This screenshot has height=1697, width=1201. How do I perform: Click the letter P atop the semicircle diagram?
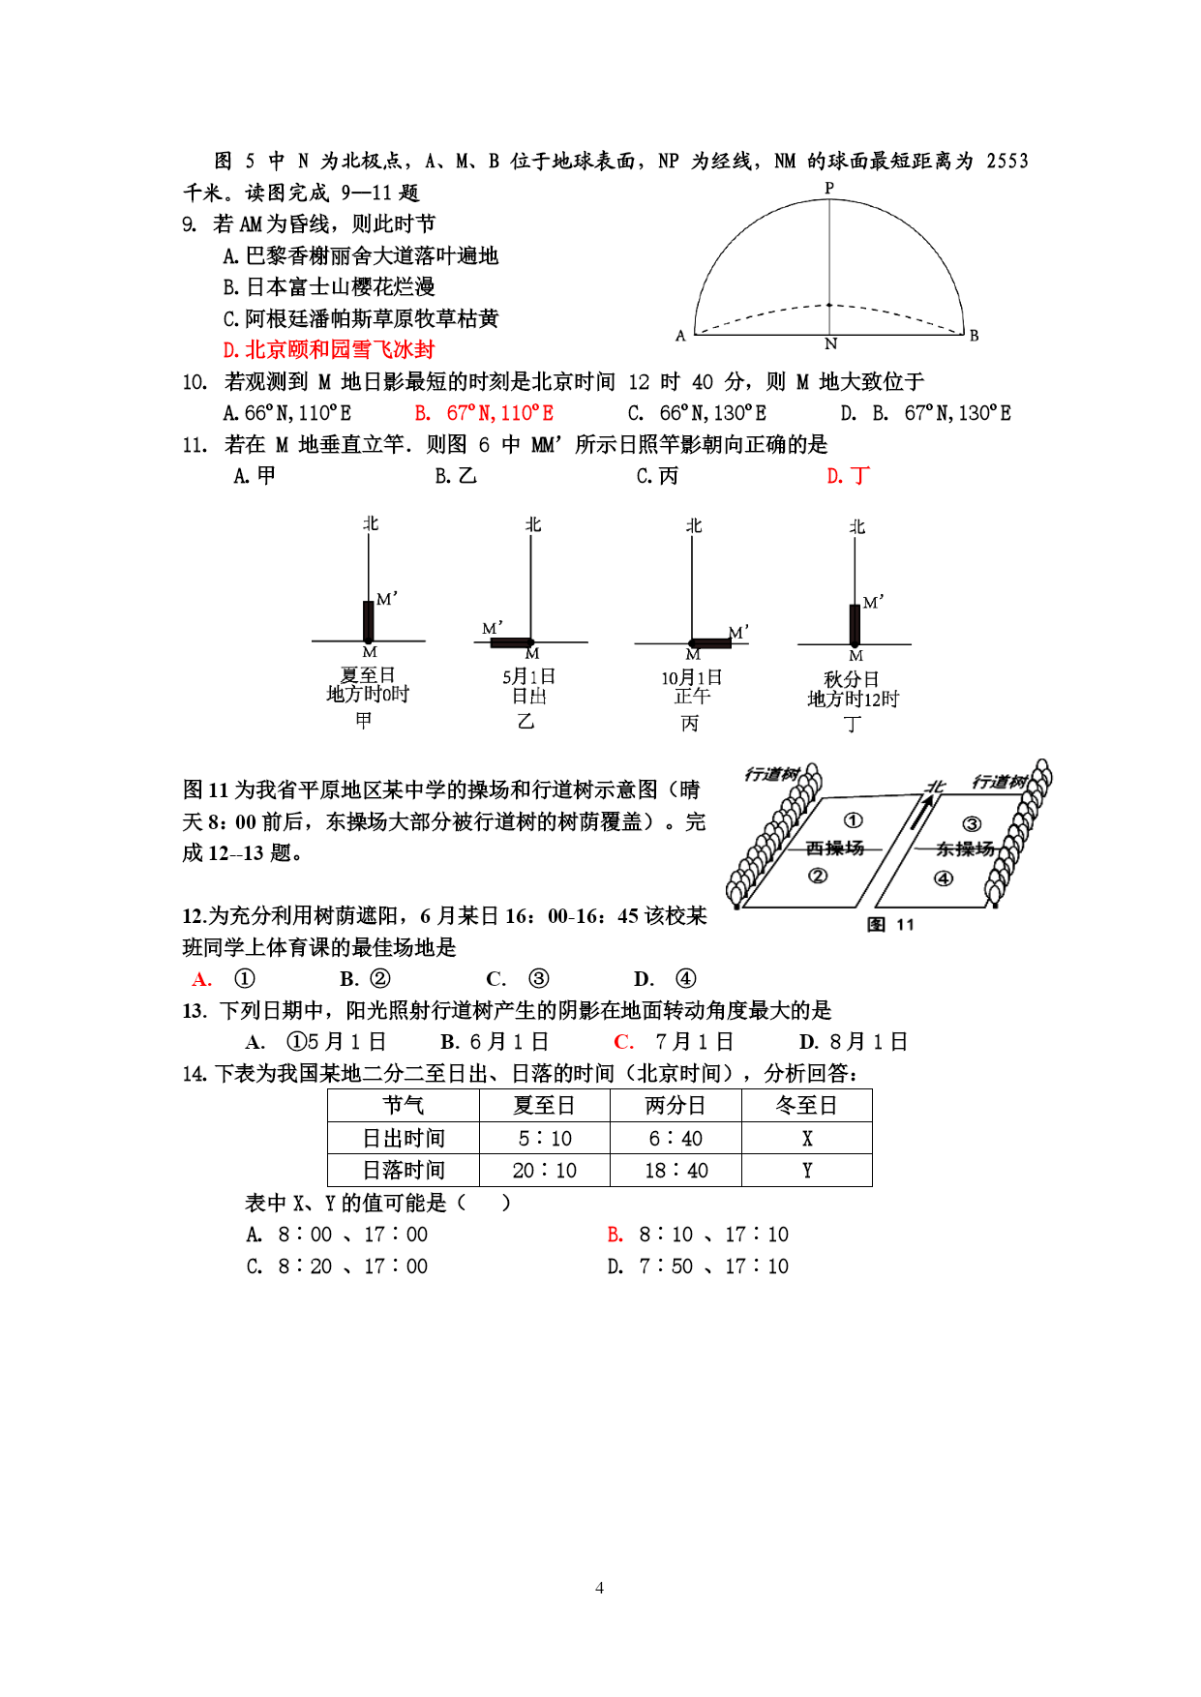point(829,188)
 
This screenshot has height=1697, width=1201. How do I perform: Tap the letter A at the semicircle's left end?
point(680,336)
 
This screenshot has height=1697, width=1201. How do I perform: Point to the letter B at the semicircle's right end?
point(974,336)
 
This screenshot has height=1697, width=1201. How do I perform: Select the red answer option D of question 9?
point(329,349)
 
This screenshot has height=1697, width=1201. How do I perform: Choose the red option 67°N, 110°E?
point(485,413)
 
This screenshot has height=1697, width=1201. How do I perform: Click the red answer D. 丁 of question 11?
point(849,476)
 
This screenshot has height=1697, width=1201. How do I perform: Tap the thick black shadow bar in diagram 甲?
point(369,621)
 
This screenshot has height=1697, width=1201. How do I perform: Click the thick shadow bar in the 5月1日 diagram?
point(512,641)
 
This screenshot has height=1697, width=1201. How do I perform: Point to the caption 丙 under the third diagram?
point(690,724)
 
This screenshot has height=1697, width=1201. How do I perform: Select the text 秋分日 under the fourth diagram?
point(852,679)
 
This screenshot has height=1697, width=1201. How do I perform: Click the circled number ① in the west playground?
point(853,820)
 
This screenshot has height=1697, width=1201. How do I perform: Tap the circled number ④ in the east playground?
point(944,878)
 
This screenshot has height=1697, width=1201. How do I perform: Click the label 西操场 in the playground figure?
point(835,848)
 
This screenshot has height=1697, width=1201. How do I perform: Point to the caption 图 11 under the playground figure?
point(890,924)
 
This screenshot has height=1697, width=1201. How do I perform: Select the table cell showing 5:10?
point(545,1138)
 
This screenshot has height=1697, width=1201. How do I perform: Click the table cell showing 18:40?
point(676,1171)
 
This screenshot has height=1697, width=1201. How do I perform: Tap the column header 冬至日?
point(806,1105)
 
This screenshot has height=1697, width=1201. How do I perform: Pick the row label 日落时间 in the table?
point(404,1171)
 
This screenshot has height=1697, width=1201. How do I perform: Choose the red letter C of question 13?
point(623,1042)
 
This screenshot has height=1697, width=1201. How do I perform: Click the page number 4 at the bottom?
point(599,1588)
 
